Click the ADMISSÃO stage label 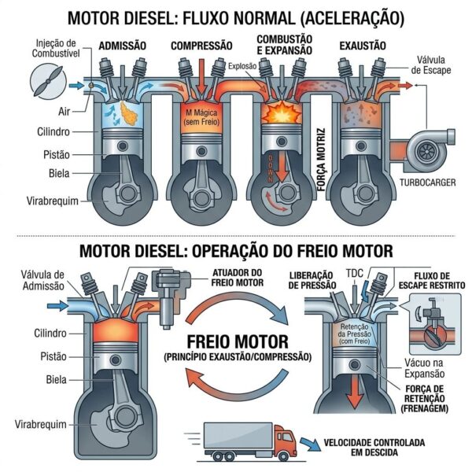click(122, 46)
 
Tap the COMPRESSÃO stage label click(201, 46)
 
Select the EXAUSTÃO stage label click(362, 46)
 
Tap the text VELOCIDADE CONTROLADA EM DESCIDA click(369, 448)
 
